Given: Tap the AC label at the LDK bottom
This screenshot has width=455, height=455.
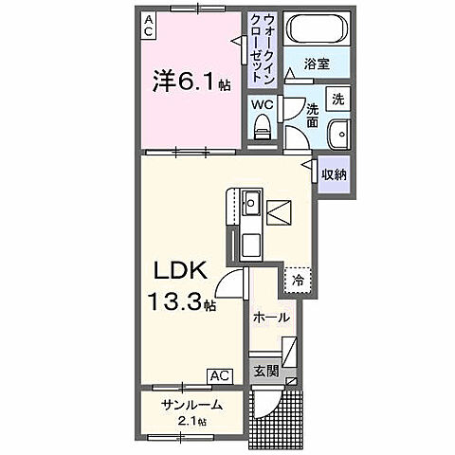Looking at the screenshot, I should coord(220,375).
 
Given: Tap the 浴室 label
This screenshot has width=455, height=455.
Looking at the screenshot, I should coord(317,64).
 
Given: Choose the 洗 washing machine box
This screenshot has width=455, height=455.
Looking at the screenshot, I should coord(337,98).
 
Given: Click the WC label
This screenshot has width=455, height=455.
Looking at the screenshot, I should coord(263,104).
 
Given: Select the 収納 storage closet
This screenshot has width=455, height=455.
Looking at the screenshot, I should coord(333,174).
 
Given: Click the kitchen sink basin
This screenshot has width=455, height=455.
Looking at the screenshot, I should coord(250,202).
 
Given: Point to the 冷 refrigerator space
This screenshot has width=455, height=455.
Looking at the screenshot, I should coord(298,281).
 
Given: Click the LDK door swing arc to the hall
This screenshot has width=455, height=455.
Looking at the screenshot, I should coord(227,282).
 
